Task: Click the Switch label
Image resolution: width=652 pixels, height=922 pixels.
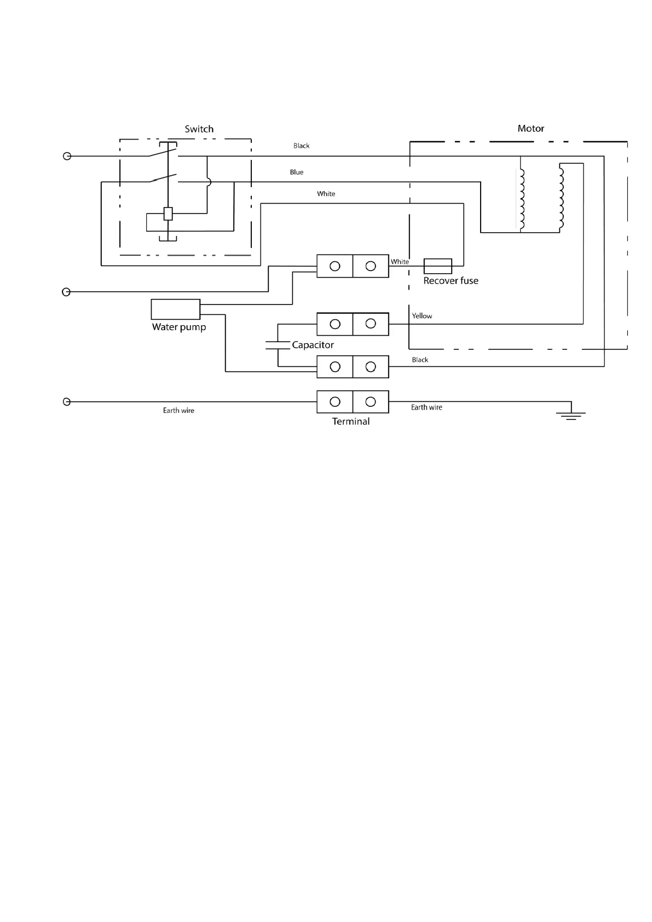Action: pyautogui.click(x=199, y=129)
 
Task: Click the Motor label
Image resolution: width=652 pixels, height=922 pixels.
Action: pyautogui.click(x=530, y=129)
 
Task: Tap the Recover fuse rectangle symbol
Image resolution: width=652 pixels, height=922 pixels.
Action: pyautogui.click(x=438, y=266)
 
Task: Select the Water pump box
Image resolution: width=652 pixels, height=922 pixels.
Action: pyautogui.click(x=176, y=309)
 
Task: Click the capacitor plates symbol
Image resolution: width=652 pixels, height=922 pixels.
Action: pyautogui.click(x=278, y=345)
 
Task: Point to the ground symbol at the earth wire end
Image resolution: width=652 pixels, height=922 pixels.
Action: pyautogui.click(x=571, y=415)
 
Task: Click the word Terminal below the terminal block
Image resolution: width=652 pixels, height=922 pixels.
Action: pyautogui.click(x=350, y=421)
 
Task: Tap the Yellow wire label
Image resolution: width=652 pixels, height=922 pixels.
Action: pyautogui.click(x=422, y=316)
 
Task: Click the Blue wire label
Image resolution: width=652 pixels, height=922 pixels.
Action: pyautogui.click(x=297, y=172)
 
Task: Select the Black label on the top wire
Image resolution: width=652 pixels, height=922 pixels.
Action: pyautogui.click(x=302, y=146)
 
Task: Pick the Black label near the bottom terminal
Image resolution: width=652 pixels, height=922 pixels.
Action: pyautogui.click(x=420, y=360)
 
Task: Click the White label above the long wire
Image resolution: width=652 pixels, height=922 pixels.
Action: pyautogui.click(x=326, y=194)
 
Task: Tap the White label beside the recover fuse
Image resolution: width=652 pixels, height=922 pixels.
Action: pyautogui.click(x=400, y=262)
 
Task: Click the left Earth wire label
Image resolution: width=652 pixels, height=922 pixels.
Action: pyautogui.click(x=178, y=410)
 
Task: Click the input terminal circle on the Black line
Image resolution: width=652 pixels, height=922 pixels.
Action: pyautogui.click(x=67, y=156)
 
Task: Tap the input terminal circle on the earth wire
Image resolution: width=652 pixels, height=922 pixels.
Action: pyautogui.click(x=67, y=402)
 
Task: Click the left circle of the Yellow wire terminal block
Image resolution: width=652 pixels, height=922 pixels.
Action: pyautogui.click(x=335, y=324)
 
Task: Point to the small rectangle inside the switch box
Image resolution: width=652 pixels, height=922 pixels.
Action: pyautogui.click(x=168, y=214)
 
